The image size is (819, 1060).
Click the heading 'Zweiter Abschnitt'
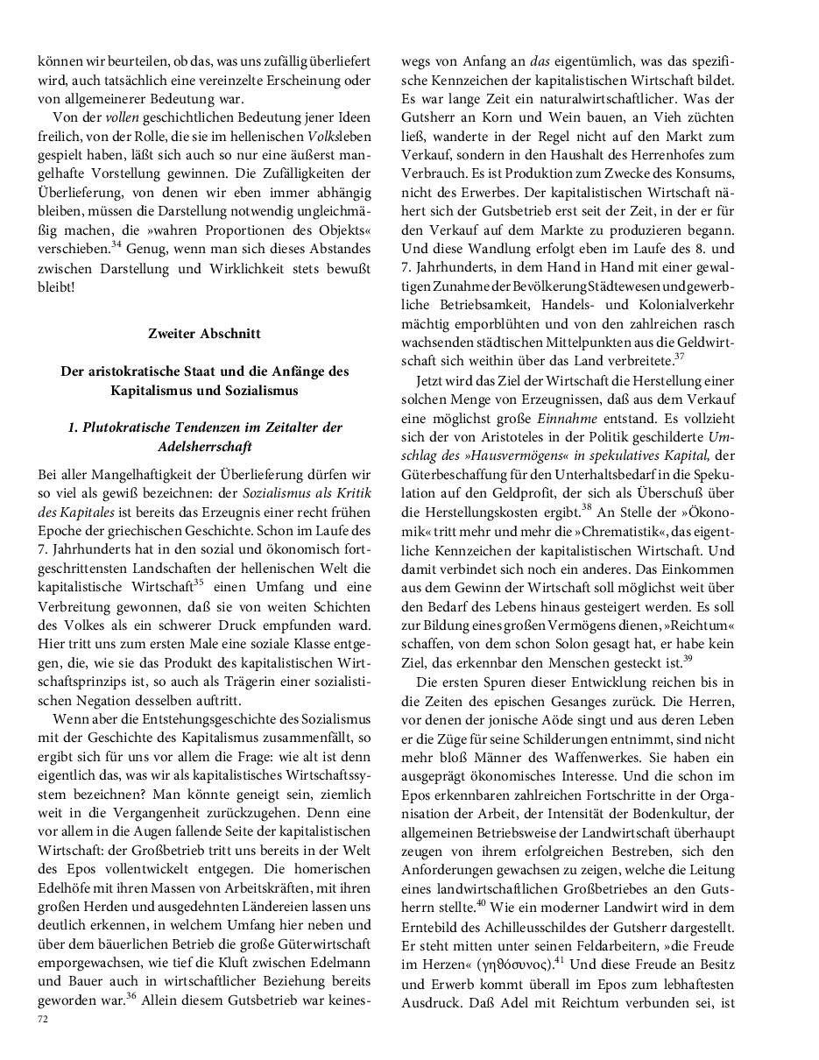[x=204, y=333]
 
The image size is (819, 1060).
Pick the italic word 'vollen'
[x=123, y=117]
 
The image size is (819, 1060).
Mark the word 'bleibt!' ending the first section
[x=57, y=286]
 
